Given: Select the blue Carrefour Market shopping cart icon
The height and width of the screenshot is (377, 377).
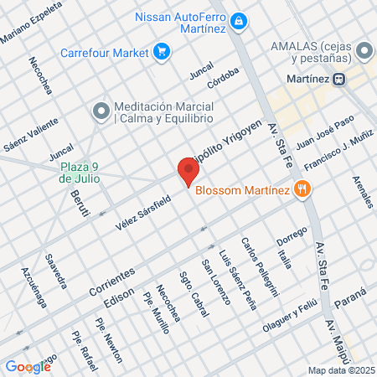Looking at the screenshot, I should click(162, 52).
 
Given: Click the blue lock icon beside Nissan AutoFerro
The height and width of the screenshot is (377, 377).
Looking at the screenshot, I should click(239, 19).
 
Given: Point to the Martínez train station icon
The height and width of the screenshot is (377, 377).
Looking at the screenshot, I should click(339, 80).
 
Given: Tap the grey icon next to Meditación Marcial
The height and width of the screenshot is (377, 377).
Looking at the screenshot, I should click(101, 110).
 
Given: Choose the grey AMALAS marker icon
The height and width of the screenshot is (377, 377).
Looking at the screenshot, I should click(364, 51).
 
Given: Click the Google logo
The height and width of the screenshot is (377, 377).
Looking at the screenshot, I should click(28, 366).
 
